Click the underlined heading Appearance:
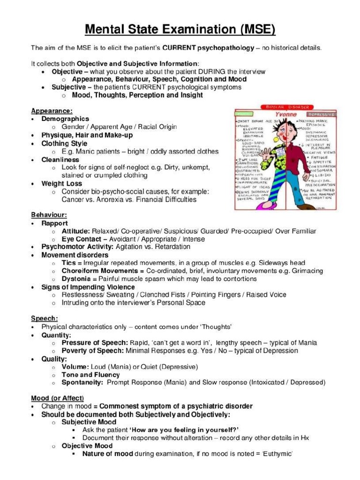(x=52, y=111)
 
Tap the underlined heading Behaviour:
(x=49, y=215)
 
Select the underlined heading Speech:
(x=44, y=318)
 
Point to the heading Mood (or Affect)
(x=57, y=398)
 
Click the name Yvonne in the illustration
(x=285, y=114)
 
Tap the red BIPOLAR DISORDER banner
(x=285, y=107)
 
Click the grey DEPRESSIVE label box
(x=321, y=114)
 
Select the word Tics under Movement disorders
(x=68, y=263)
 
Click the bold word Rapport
(x=54, y=223)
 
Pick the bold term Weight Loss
(x=61, y=183)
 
